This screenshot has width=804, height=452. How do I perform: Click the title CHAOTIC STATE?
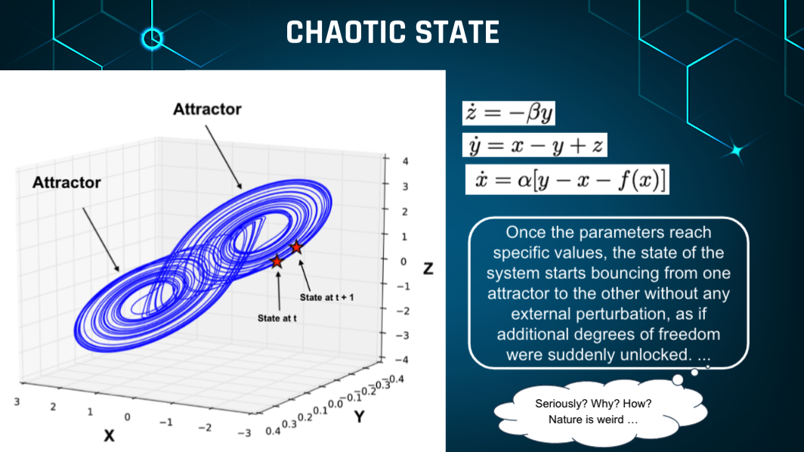393,33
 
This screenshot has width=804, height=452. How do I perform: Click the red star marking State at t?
277,262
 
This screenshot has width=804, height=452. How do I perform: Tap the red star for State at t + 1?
296,247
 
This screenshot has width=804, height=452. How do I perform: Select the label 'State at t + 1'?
326,298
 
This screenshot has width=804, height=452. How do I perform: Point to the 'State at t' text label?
277,318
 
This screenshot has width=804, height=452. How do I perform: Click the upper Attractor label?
207,110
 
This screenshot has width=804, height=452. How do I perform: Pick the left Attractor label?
66,183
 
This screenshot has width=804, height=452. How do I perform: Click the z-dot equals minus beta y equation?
509,113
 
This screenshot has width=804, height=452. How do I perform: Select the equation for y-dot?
535,145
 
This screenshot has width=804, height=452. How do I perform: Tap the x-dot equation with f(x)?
567,180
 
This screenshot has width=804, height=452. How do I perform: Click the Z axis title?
428,268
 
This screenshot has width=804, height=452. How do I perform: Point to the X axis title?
109,436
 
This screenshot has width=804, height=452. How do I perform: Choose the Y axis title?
360,416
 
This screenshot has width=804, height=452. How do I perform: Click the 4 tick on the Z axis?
405,161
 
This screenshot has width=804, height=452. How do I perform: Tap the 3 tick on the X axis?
17,401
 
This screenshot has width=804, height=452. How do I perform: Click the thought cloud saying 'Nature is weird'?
600,411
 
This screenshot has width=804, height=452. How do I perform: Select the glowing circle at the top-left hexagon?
152,39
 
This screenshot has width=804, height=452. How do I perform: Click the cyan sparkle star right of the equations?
737,151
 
